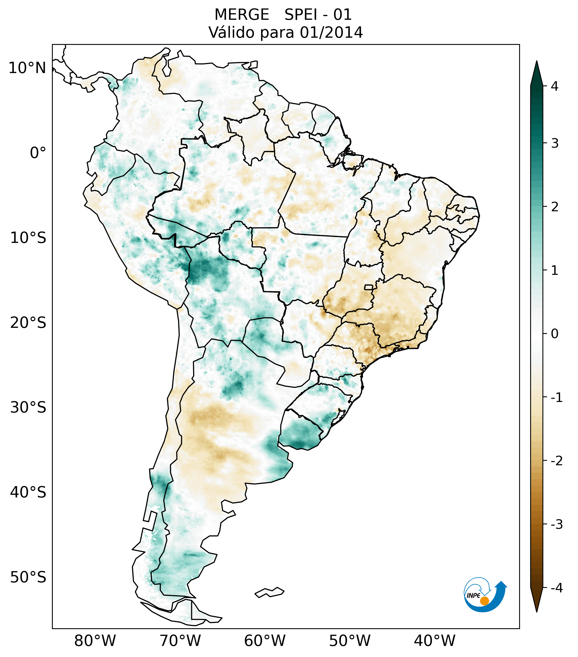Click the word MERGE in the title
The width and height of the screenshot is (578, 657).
[x=241, y=15]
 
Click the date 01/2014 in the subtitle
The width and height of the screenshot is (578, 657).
[x=331, y=32]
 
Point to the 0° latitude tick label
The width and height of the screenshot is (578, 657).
[x=38, y=153]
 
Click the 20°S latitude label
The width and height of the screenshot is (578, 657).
[x=28, y=323]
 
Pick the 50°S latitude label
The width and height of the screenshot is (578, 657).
[x=28, y=578]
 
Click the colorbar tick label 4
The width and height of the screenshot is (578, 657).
[x=555, y=86]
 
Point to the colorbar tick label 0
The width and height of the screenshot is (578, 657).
[x=555, y=334]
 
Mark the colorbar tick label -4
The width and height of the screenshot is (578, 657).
[x=556, y=588]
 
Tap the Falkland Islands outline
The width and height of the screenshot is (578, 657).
[x=269, y=592]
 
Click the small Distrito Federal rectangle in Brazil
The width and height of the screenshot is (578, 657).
[x=369, y=287]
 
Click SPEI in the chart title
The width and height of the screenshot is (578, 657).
[x=300, y=15]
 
